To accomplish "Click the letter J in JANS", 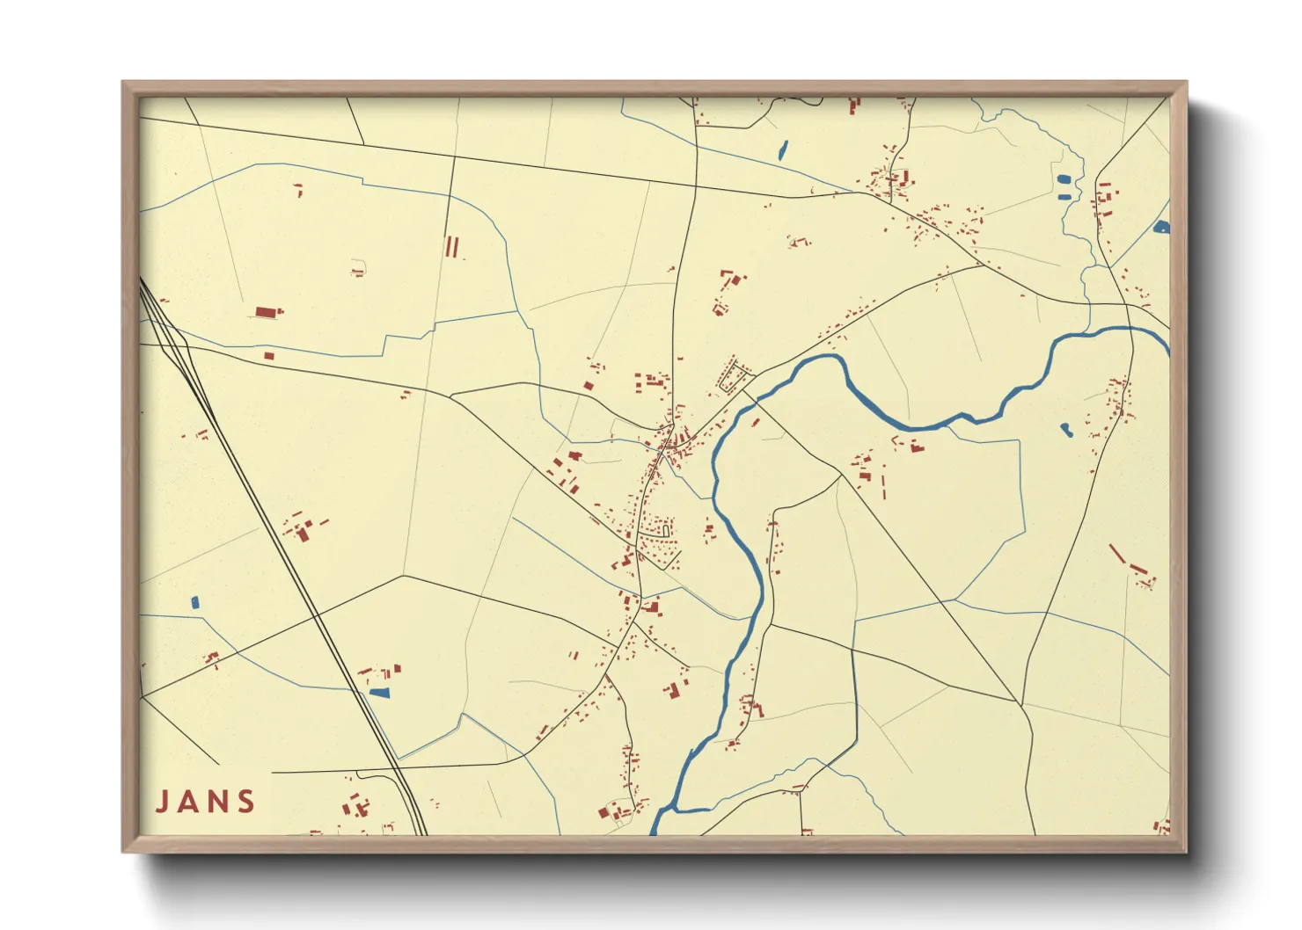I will tap(163, 802).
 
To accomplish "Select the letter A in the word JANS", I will tap(190, 802).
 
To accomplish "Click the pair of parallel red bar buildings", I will tap(451, 246).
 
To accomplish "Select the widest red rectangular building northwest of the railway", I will tap(267, 312).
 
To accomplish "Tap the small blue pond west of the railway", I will tap(195, 603).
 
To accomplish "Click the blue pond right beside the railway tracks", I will tap(379, 693).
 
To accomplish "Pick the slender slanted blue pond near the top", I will tap(782, 150).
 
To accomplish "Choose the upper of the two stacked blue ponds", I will tap(1064, 179).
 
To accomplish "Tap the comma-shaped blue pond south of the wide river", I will tap(1066, 430).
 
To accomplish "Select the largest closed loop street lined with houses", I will tap(735, 377).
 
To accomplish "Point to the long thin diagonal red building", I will tap(1116, 554).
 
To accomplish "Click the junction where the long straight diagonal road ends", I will tap(1020, 704).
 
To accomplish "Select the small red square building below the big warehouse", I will tap(269, 356).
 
